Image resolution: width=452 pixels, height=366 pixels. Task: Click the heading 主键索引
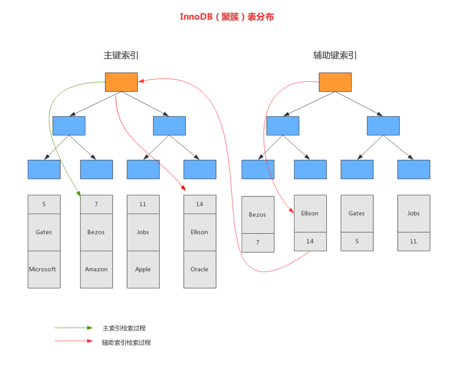click(x=121, y=55)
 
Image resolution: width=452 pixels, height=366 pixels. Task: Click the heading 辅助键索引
click(x=335, y=55)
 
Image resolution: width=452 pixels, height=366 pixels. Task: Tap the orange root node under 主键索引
click(x=121, y=82)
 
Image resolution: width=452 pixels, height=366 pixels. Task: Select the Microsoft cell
click(x=44, y=269)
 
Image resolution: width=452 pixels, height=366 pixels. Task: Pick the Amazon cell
click(x=96, y=269)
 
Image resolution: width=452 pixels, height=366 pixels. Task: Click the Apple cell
click(x=143, y=269)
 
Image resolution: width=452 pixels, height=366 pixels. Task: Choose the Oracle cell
click(x=200, y=269)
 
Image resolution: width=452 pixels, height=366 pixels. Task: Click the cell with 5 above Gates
click(x=44, y=204)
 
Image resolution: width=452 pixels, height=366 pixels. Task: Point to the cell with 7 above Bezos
click(x=96, y=204)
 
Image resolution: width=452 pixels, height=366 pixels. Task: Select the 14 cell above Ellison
click(x=200, y=204)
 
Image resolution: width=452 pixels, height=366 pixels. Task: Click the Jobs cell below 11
click(x=143, y=232)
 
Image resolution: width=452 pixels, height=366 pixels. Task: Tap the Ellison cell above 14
click(x=310, y=213)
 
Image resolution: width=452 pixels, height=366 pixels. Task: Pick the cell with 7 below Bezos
click(x=258, y=243)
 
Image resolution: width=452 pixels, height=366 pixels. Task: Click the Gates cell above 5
click(x=357, y=213)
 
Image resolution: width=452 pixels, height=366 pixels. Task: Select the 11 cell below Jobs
click(x=414, y=241)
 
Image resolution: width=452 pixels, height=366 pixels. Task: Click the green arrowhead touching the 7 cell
click(x=79, y=194)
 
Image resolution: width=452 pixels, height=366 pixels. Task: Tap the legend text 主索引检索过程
click(x=124, y=328)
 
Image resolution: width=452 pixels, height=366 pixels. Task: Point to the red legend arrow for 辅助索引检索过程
click(x=74, y=341)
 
